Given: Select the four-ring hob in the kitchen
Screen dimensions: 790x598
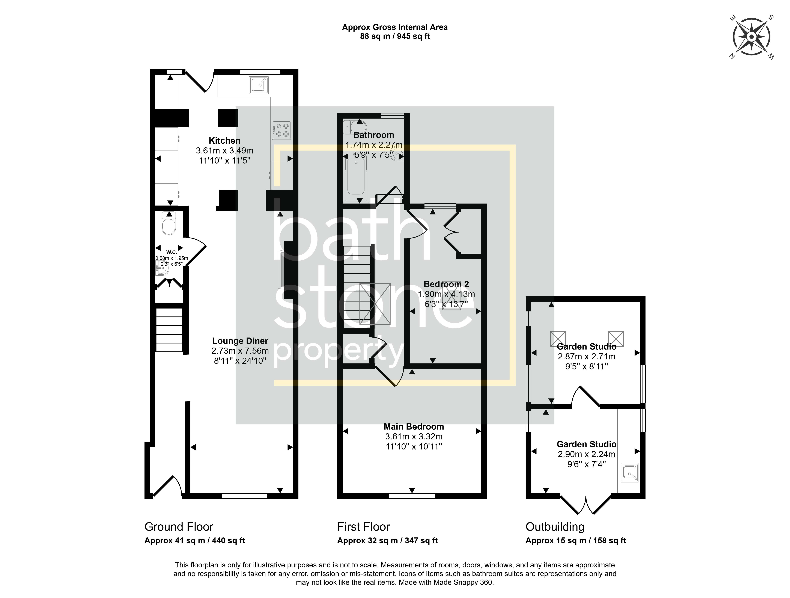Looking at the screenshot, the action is click(281, 130).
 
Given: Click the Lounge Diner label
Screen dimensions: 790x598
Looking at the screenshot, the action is click(240, 341).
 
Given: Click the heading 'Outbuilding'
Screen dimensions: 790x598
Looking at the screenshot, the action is click(555, 527).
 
